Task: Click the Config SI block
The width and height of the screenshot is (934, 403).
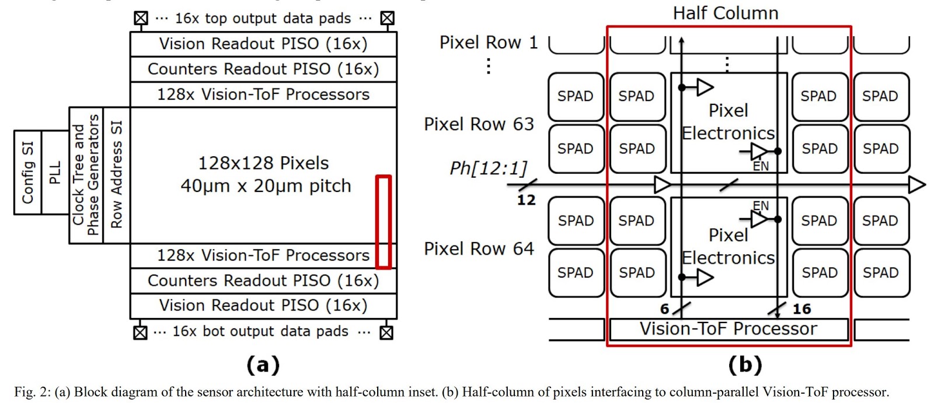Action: (x=27, y=173)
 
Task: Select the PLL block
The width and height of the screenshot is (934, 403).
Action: (x=55, y=173)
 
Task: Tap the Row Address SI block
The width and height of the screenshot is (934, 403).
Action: (x=116, y=175)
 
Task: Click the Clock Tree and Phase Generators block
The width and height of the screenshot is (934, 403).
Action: (x=86, y=175)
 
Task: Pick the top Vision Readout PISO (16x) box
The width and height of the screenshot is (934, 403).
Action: (x=263, y=44)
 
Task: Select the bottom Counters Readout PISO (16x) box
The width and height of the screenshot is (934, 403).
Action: (x=263, y=281)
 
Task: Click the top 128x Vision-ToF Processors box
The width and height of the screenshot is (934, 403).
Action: (x=263, y=94)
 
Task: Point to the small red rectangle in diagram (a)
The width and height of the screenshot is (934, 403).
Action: (x=383, y=222)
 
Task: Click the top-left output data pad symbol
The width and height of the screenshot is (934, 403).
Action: (x=141, y=18)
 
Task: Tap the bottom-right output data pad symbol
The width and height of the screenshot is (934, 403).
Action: (x=386, y=332)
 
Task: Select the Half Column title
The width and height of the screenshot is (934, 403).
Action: (x=726, y=13)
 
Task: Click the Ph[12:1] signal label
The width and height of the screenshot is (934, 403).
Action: (x=488, y=168)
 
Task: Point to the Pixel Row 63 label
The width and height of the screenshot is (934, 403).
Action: (x=479, y=124)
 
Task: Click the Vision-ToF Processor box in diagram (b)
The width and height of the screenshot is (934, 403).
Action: (x=728, y=329)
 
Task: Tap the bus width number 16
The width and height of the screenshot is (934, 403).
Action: (x=801, y=309)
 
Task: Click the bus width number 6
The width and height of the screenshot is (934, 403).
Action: (x=664, y=309)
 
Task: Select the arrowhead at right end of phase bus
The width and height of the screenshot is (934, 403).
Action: (x=917, y=185)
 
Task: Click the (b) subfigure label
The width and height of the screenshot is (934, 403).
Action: (x=745, y=365)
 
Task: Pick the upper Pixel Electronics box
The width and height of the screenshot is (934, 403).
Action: (x=729, y=122)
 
